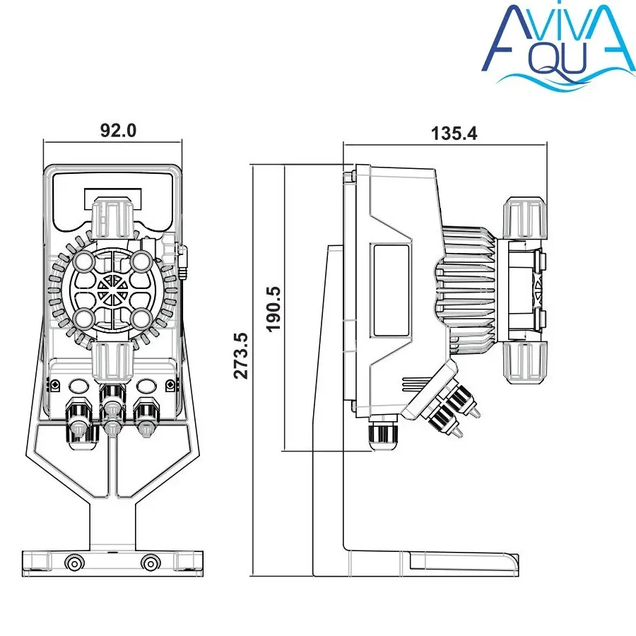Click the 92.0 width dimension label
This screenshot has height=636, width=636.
[x=119, y=130]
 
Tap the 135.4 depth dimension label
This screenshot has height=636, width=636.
[x=454, y=133]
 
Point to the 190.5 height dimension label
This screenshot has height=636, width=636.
[x=274, y=309]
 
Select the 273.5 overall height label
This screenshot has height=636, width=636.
[x=241, y=355]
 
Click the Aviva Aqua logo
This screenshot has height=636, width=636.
[x=559, y=44]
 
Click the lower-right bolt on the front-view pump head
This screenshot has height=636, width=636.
[x=141, y=319]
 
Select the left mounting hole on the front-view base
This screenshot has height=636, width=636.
[x=74, y=563]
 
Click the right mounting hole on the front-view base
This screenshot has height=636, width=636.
[x=151, y=563]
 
